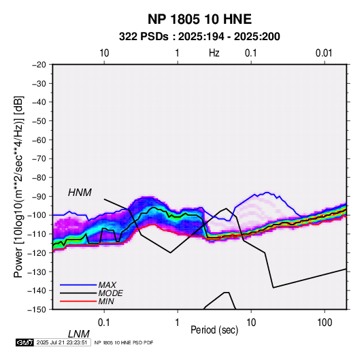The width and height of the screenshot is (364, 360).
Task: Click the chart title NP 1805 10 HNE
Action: pos(199,19)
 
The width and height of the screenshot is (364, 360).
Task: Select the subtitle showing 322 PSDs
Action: pos(199,37)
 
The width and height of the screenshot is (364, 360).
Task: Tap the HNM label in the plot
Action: pos(80,193)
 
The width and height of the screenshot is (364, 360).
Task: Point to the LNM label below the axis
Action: pos(79,334)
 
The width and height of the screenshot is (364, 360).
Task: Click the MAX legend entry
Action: pos(107,284)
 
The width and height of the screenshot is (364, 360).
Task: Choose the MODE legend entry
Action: pos(110,293)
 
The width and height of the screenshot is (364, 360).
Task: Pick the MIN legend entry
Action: pos(106,301)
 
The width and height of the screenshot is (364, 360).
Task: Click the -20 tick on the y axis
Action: pos(39,65)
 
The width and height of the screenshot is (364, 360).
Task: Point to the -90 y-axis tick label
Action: pos(39,196)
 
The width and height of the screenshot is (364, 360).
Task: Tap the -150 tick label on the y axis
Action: pos(37,310)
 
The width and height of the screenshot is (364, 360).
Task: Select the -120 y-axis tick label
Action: pos(37,252)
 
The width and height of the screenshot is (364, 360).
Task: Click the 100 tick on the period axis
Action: pos(325,323)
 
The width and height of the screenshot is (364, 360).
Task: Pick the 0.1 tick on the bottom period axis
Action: pos(104,323)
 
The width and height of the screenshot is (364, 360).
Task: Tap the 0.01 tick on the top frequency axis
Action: pos(324,53)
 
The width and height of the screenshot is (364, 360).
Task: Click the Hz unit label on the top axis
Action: pos(214,53)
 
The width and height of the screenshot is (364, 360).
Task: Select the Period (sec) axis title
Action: pos(214,330)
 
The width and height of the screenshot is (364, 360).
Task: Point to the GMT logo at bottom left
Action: pos(24,342)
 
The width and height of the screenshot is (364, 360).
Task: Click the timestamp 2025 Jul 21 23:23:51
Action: pos(62,342)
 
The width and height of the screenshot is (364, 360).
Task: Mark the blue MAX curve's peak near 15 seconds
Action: pos(267,193)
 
